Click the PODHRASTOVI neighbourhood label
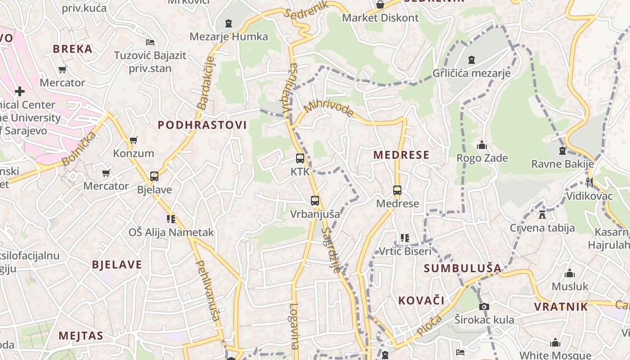point(202,125)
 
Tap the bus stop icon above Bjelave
point(154,176)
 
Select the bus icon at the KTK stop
point(300,158)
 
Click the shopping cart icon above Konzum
point(133,140)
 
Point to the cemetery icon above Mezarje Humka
point(229,23)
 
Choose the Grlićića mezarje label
point(472,73)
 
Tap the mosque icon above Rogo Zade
point(482,145)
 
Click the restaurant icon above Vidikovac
point(589,182)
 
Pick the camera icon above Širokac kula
point(484,306)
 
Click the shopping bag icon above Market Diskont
point(380,4)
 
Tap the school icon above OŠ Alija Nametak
point(171,219)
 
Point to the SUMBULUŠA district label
point(463,269)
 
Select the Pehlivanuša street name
point(207,290)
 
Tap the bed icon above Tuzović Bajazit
point(150,42)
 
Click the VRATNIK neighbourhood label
point(561,307)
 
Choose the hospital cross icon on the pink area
point(20,91)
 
